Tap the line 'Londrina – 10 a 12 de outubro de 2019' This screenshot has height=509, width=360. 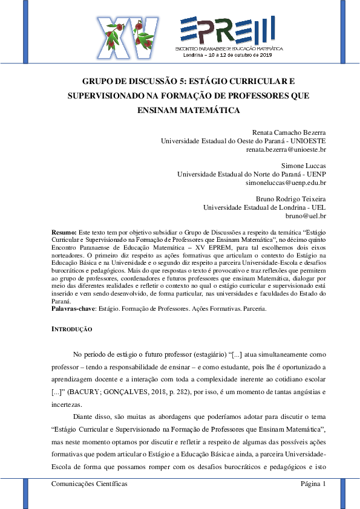point(228,54)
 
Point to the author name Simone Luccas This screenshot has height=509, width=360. point(304,165)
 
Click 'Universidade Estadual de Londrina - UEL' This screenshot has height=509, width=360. point(264,207)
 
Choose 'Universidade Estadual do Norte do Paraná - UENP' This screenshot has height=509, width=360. point(251,173)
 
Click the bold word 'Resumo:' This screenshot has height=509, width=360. point(64,232)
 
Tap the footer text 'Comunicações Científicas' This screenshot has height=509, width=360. point(90,484)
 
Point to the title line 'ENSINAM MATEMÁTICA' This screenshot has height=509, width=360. point(180,110)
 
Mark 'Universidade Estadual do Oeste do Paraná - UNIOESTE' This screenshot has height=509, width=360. point(243,140)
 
